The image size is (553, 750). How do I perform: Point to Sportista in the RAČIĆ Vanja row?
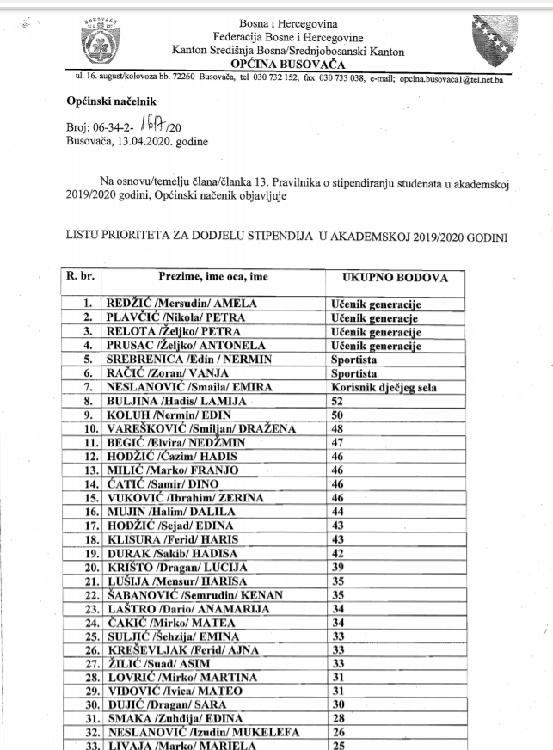(354, 374)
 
